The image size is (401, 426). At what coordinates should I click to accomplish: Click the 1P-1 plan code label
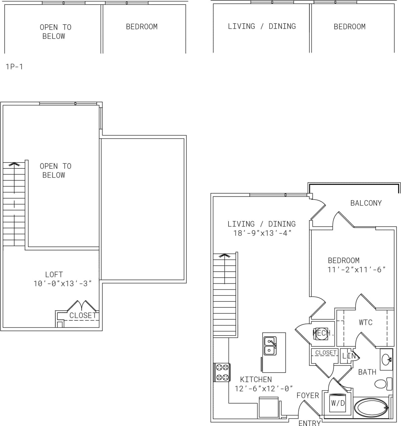(x=14, y=67)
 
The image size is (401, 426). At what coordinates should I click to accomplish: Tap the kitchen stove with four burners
(x=222, y=372)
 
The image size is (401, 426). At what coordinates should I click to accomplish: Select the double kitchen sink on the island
(x=269, y=346)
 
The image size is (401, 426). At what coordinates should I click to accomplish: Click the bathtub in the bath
(x=371, y=408)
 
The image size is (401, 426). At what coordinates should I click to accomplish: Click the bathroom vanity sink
(x=386, y=359)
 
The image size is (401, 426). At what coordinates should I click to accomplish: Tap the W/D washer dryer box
(x=337, y=403)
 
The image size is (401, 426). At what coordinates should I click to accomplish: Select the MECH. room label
(x=323, y=333)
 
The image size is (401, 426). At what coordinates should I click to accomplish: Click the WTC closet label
(x=365, y=322)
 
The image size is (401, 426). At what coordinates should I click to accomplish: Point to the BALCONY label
(x=366, y=203)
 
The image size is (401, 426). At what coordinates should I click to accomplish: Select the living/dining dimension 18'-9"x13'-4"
(x=262, y=233)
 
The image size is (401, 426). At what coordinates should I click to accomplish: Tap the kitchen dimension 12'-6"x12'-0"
(x=264, y=388)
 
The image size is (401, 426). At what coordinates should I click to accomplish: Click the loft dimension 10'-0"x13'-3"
(x=63, y=283)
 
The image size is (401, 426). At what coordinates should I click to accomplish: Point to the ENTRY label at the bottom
(x=309, y=423)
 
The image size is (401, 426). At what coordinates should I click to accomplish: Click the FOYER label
(x=308, y=395)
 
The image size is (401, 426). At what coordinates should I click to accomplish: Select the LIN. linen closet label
(x=349, y=356)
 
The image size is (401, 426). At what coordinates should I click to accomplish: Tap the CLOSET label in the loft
(x=83, y=315)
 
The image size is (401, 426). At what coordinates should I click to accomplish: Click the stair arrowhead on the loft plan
(x=14, y=164)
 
